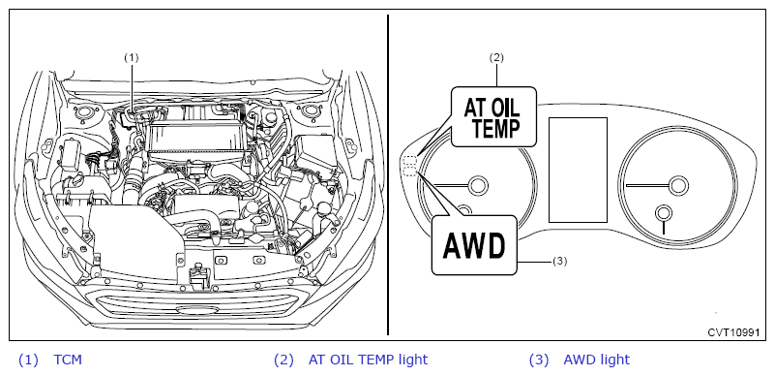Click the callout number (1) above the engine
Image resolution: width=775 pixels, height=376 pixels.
click(x=131, y=58)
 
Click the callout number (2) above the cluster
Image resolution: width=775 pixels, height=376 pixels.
click(x=496, y=57)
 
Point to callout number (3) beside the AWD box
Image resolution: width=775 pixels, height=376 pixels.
click(x=559, y=262)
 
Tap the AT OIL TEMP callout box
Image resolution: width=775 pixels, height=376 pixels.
click(x=493, y=116)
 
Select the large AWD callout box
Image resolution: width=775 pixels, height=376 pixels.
click(x=474, y=245)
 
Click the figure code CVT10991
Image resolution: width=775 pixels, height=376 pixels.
click(x=733, y=332)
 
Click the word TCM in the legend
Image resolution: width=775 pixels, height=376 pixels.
click(x=68, y=360)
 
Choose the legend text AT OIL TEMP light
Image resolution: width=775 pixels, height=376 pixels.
click(x=368, y=360)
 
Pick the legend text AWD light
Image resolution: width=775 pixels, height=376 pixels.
click(x=597, y=360)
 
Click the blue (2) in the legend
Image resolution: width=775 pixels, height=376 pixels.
click(x=283, y=360)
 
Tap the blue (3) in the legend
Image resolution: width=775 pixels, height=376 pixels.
click(x=539, y=360)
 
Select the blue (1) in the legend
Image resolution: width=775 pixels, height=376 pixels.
click(x=28, y=360)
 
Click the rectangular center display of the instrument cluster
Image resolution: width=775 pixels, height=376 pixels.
click(x=578, y=170)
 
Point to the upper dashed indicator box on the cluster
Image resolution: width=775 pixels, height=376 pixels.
click(x=410, y=161)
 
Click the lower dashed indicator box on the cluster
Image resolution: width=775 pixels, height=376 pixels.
click(x=410, y=172)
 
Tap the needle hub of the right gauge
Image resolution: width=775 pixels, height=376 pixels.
click(x=678, y=184)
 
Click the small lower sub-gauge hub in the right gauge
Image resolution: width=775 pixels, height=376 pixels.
click(x=664, y=213)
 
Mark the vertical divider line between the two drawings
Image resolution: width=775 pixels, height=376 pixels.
click(x=387, y=174)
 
